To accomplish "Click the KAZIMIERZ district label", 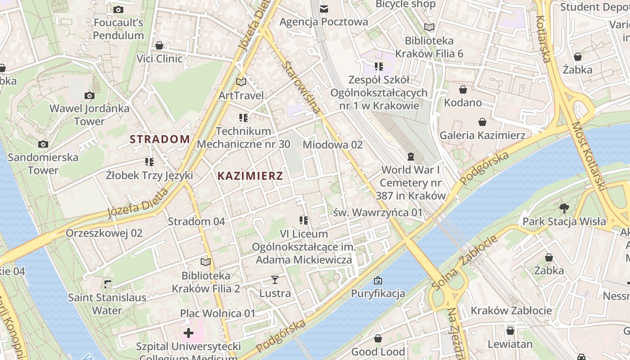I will coord(250,176).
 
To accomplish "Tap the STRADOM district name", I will coord(160,139).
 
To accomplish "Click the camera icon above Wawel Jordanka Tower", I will coord(90,95).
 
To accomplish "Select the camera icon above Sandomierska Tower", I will coord(43,144).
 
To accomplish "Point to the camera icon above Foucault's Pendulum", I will coord(118,9).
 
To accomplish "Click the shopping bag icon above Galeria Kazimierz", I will coord(482,122).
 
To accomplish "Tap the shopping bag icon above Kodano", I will coord(463,90).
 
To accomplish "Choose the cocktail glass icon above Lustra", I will coord(275,280).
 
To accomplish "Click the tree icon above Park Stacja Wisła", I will coord(564,208).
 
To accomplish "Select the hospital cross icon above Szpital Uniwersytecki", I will coord(189,333).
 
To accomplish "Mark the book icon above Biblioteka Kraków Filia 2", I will coord(206,262).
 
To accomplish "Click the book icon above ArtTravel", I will coord(241,82).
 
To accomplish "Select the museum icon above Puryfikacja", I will coord(378,280).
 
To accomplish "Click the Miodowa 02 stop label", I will coord(333,145).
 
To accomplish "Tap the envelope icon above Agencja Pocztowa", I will coord(324,9).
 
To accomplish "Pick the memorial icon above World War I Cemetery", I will coord(410,157).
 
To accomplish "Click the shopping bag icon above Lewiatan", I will coord(510,331).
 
